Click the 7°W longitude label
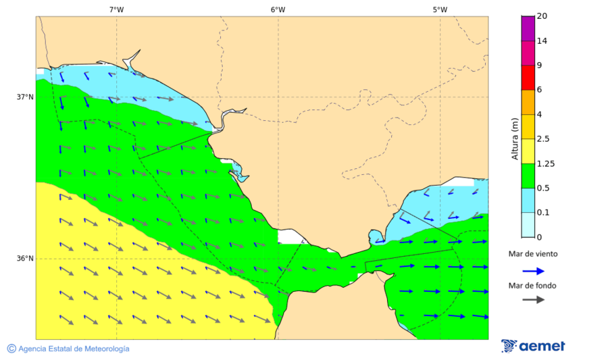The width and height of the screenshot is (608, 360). [x=116, y=9]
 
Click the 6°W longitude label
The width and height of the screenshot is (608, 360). [x=278, y=9]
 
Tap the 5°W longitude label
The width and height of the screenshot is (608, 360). [x=440, y=9]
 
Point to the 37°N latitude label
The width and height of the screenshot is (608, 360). [x=25, y=97]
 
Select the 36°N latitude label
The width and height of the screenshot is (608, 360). [x=25, y=259]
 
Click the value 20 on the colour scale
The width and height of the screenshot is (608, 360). [x=542, y=16]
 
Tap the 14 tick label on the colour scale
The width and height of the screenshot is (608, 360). [x=542, y=41]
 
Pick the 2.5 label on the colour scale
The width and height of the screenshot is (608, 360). [x=543, y=139]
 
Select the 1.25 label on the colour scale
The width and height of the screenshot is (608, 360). [x=545, y=163]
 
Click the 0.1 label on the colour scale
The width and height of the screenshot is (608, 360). [x=543, y=213]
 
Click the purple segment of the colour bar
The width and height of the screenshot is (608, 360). [x=528, y=28]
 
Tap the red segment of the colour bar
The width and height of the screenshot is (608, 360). [x=528, y=77]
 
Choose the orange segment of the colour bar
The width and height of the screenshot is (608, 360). [x=528, y=102]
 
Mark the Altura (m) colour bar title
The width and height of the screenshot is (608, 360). [x=515, y=138]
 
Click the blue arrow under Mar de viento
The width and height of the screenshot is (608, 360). [x=533, y=271]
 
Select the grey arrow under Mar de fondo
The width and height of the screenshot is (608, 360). [x=533, y=299]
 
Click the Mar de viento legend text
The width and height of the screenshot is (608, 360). [x=533, y=254]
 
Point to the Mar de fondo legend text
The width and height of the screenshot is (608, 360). [x=533, y=285]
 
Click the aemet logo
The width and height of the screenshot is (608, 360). [x=533, y=346]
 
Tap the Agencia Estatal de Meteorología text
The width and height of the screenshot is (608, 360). [x=73, y=349]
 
